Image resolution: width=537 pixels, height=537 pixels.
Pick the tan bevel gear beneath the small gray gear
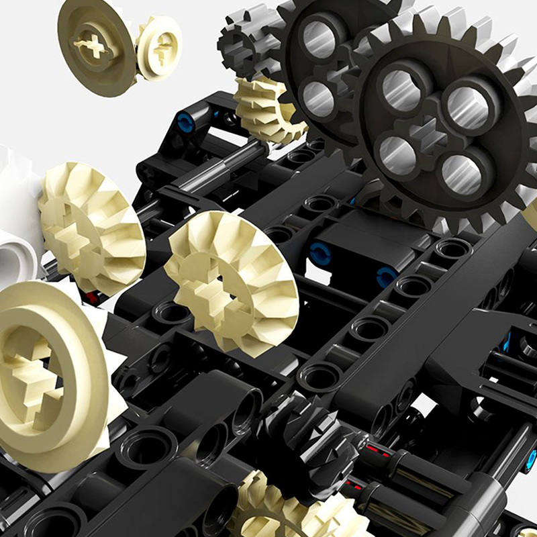265,107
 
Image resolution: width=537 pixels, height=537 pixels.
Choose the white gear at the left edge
17,222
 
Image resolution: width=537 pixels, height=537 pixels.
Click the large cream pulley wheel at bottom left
47,376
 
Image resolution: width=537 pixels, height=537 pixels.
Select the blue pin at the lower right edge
531,459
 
